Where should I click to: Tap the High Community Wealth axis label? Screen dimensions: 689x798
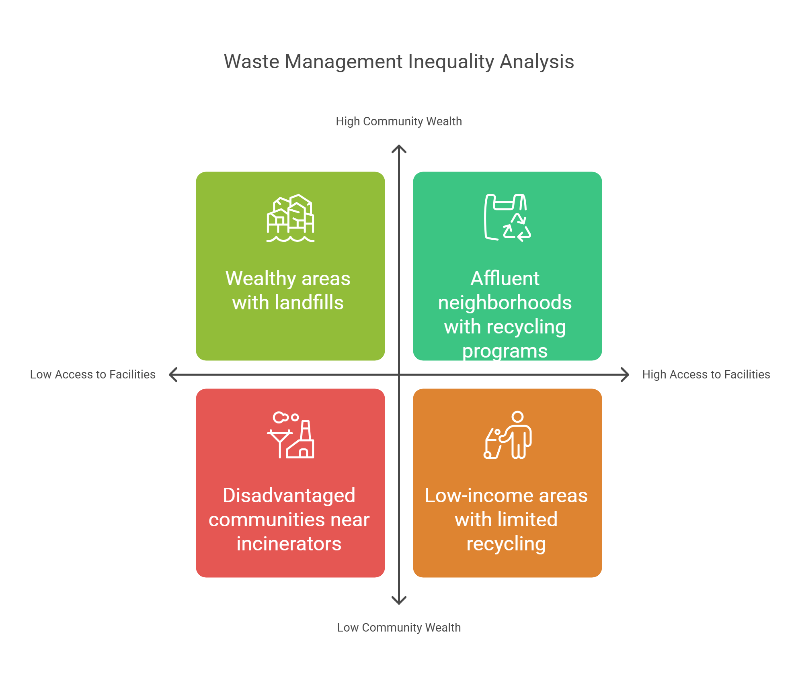tap(399, 121)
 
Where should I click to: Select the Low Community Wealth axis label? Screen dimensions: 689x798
tap(399, 628)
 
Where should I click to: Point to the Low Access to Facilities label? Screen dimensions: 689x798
tap(92, 374)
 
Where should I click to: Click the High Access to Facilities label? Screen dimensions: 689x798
tap(706, 374)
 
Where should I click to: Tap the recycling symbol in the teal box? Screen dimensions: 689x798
tap(517, 229)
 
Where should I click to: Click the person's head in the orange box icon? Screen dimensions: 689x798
tap(518, 417)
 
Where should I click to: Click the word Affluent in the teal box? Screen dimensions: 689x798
tap(505, 278)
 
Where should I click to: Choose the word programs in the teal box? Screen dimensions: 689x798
tap(505, 351)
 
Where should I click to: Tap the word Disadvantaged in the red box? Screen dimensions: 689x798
tap(289, 495)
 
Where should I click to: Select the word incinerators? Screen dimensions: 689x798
tap(289, 544)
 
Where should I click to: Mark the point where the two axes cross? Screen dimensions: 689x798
tap(399, 374)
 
